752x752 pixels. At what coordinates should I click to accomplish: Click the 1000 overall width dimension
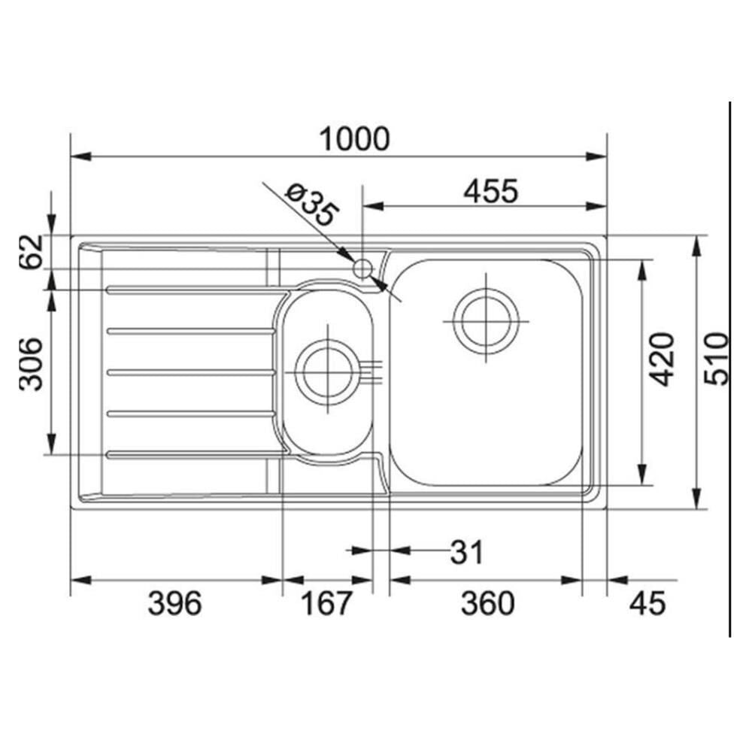(354, 138)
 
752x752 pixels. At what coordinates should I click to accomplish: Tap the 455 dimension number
(491, 191)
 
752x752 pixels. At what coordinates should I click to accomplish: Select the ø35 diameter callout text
(312, 205)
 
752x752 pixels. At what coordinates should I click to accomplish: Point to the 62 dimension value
(31, 252)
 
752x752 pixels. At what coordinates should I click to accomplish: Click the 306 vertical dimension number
(31, 364)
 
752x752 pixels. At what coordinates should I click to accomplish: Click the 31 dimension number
(467, 552)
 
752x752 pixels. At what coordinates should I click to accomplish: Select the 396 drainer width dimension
(175, 603)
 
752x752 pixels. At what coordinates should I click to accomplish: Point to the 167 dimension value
(326, 603)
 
